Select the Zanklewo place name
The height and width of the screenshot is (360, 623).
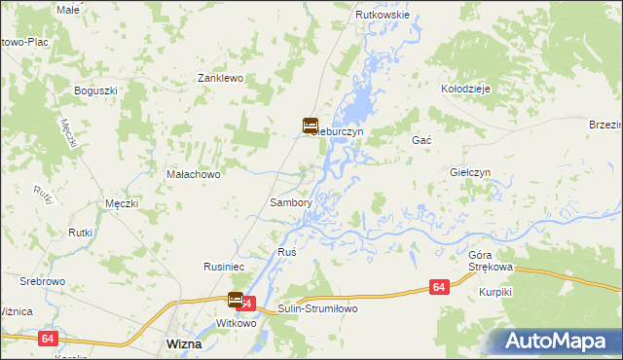220,77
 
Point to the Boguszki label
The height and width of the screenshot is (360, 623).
95,90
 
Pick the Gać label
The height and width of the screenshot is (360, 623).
421,140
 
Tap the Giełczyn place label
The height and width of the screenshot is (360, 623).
470,172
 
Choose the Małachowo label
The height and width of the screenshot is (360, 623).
195,174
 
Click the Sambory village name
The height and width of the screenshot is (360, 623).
290,203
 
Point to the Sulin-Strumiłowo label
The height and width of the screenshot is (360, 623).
318,307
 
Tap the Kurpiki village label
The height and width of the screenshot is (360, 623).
495,292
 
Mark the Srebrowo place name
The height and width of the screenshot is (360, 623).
42,280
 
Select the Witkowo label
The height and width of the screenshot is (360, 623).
235,322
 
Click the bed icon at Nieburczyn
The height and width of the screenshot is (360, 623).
309,126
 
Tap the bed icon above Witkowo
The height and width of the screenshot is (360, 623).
236,300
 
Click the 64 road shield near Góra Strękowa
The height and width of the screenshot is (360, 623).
440,287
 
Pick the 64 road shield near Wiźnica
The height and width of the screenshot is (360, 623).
47,338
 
